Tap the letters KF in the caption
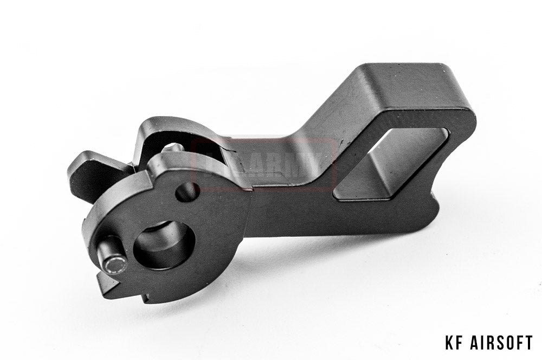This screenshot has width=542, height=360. (453, 343)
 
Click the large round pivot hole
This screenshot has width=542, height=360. (164, 245)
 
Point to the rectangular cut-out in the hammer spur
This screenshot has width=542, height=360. (390, 163)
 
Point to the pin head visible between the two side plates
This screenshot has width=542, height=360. (172, 147)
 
